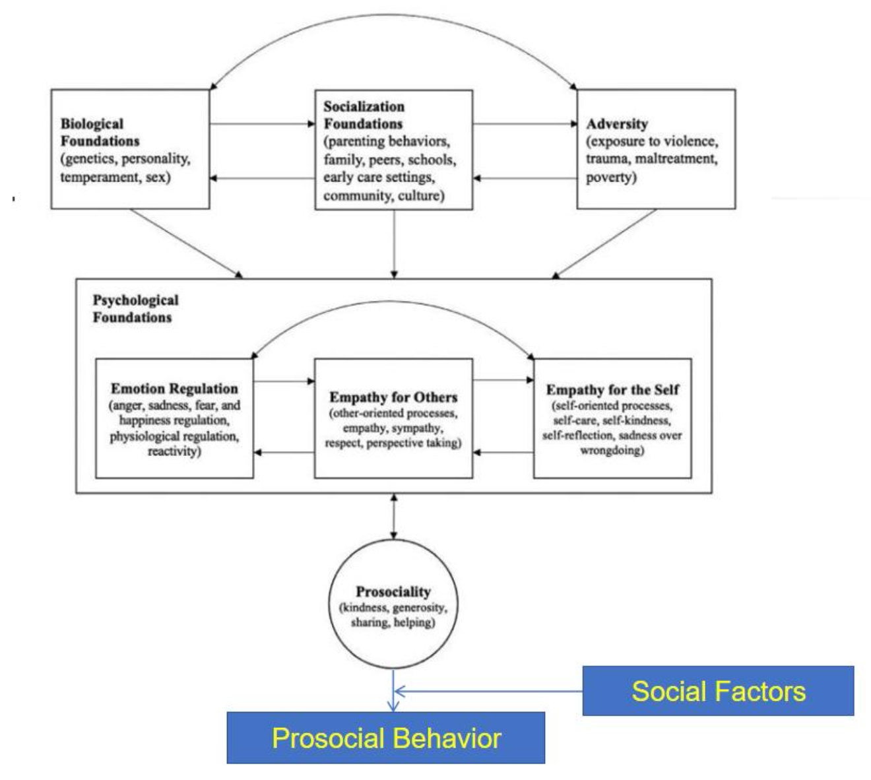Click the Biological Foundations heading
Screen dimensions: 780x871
click(x=100, y=132)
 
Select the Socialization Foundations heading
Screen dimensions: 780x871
click(x=364, y=115)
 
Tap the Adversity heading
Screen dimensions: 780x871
click(x=617, y=124)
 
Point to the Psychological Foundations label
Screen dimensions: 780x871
click(x=135, y=308)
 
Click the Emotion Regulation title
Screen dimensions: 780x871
click(x=174, y=389)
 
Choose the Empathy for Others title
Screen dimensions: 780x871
click(x=393, y=397)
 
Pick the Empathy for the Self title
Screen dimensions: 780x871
click(x=612, y=390)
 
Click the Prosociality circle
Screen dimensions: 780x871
click(x=393, y=604)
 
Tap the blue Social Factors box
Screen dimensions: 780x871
click(x=718, y=691)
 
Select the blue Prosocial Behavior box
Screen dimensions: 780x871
click(x=386, y=738)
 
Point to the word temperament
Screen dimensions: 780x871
click(x=96, y=178)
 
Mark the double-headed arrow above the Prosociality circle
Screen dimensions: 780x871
click(x=394, y=516)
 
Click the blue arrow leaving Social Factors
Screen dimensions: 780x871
click(x=488, y=692)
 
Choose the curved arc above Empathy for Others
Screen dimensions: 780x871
click(x=393, y=303)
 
